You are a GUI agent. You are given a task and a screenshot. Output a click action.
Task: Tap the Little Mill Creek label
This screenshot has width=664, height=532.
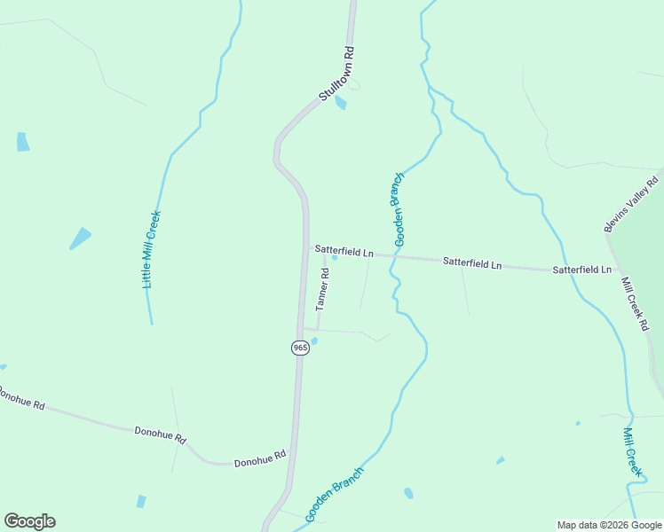pyautogui.click(x=152, y=249)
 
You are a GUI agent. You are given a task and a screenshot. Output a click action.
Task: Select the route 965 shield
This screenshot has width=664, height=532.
pyautogui.click(x=300, y=348)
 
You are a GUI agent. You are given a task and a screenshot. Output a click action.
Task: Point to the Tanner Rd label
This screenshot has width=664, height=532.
pyautogui.click(x=322, y=289)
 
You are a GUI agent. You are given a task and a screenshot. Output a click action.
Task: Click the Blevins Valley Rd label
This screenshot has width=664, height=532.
pyautogui.click(x=632, y=205)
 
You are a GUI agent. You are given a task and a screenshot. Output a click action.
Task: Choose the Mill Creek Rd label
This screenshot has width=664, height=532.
pyautogui.click(x=636, y=304)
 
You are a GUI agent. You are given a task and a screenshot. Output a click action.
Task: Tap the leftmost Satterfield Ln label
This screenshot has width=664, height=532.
pyautogui.click(x=344, y=252)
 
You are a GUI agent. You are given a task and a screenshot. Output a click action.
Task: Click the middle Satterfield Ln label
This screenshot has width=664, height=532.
pyautogui.click(x=472, y=263)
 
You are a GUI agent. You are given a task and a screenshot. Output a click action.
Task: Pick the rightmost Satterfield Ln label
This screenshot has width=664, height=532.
pyautogui.click(x=581, y=269)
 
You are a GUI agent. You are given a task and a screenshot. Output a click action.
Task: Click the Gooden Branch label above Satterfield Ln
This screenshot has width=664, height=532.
pyautogui.click(x=399, y=210)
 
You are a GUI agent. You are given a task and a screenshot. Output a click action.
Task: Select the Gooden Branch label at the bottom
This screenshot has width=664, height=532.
pyautogui.click(x=334, y=495)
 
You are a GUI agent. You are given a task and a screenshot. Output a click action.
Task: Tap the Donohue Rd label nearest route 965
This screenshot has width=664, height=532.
pyautogui.click(x=259, y=459)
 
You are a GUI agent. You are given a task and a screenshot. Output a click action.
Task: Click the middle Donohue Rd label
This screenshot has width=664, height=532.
pyautogui.click(x=160, y=434)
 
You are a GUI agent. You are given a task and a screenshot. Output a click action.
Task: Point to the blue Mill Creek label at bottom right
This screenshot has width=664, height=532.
pyautogui.click(x=631, y=452)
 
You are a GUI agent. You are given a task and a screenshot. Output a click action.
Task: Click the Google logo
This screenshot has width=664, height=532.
pyautogui.click(x=29, y=521)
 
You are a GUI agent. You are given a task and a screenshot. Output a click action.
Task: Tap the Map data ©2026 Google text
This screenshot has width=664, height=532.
pyautogui.click(x=609, y=525)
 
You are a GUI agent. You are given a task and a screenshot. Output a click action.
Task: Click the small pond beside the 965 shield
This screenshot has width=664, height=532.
pyautogui.click(x=313, y=341)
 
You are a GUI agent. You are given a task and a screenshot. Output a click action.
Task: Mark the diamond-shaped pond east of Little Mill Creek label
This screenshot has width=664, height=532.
pyautogui.click(x=80, y=238)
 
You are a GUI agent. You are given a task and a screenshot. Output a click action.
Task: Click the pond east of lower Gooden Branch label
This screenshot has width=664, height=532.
pyautogui.click(x=408, y=493)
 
